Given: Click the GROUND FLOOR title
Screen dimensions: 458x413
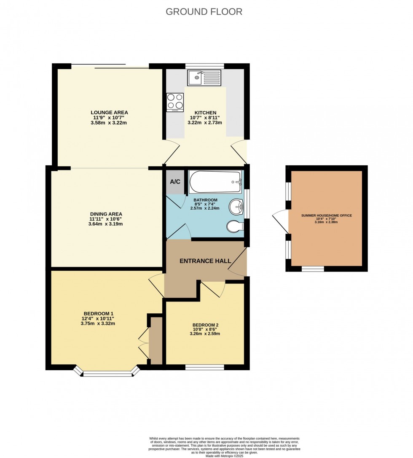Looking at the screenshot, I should coord(204,11).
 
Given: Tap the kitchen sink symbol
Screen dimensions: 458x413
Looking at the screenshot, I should coord(204,78).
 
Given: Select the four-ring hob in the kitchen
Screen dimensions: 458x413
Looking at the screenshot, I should coord(175,101).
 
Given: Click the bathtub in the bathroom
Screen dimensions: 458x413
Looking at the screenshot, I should coord(215,182).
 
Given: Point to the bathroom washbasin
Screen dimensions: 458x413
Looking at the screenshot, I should coord(236,207).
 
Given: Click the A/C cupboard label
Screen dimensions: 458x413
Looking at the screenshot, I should coord(175,182).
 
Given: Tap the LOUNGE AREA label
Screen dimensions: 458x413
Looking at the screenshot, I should coord(109,112).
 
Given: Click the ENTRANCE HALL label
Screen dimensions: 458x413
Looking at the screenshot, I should coord(205,261).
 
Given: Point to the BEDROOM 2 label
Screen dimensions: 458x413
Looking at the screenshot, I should coord(205,325).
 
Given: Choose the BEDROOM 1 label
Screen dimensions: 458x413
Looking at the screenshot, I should coord(98,313).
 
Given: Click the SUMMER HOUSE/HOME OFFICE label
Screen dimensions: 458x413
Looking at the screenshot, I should coord(326,216).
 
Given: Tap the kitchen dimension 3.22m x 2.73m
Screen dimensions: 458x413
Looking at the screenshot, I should coord(205,123).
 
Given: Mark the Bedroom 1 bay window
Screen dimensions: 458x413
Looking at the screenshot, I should coord(107,373).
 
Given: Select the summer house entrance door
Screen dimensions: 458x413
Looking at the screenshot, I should coord(279,221).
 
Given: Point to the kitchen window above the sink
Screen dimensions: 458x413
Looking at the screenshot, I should coord(204,66).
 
